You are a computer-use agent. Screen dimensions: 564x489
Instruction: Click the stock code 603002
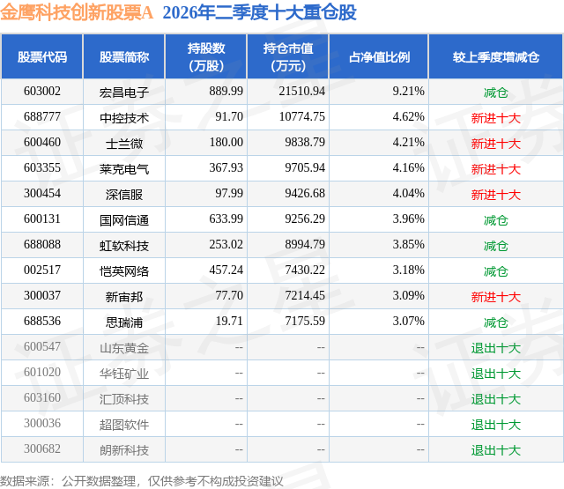click(42, 91)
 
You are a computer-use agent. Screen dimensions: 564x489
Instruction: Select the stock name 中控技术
click(124, 117)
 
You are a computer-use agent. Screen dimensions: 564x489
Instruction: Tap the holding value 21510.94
click(301, 91)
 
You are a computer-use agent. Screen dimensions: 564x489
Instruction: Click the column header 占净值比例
click(379, 56)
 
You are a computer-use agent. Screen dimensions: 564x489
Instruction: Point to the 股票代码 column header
click(42, 56)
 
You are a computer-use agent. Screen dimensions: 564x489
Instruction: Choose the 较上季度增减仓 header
click(496, 56)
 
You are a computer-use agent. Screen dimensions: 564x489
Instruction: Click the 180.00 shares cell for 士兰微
click(226, 142)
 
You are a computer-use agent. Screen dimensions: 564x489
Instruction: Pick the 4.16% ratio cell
click(408, 167)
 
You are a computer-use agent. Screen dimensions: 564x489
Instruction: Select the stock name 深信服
click(124, 194)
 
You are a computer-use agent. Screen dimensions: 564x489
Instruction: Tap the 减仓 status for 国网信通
click(496, 219)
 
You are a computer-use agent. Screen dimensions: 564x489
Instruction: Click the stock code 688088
click(42, 244)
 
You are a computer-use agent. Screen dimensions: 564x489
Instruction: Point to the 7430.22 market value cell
click(305, 270)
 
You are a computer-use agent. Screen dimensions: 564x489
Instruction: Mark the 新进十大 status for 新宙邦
click(496, 296)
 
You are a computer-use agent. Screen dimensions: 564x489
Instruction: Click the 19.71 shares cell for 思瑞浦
click(229, 321)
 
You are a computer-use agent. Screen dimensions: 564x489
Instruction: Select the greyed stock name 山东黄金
click(124, 347)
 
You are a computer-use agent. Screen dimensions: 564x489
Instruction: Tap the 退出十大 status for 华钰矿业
click(496, 373)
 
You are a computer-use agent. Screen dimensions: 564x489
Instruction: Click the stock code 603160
click(42, 397)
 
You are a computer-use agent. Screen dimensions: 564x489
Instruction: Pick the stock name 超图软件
click(124, 424)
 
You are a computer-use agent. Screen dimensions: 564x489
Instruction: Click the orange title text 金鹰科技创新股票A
click(77, 12)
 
